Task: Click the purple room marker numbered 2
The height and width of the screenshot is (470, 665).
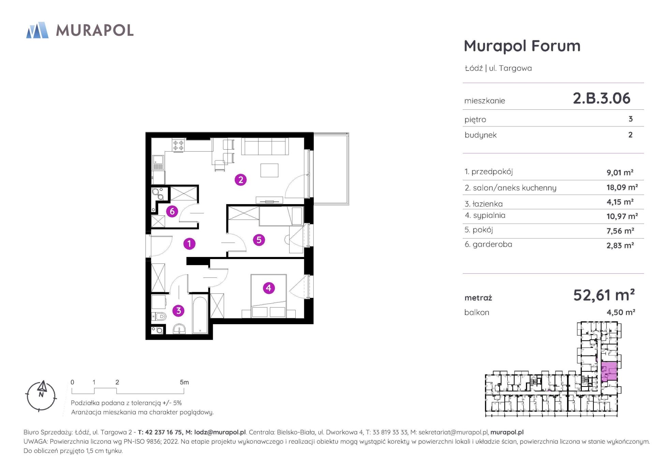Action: pyautogui.click(x=241, y=180)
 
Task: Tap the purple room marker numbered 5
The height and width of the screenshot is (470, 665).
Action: pyautogui.click(x=259, y=240)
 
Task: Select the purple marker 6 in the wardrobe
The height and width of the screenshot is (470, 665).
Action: pyautogui.click(x=172, y=211)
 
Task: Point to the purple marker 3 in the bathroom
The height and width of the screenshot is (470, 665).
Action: pyautogui.click(x=178, y=310)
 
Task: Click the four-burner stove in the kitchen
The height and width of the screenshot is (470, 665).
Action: pyautogui.click(x=178, y=146)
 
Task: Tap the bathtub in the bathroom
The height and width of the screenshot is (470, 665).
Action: pyautogui.click(x=200, y=315)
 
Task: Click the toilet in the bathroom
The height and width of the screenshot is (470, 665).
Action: pyautogui.click(x=159, y=317)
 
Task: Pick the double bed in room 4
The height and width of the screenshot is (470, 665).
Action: pyautogui.click(x=269, y=295)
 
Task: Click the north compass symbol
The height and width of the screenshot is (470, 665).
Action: pyautogui.click(x=41, y=395)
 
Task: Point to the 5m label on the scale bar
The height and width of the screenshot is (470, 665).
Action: pyautogui.click(x=184, y=382)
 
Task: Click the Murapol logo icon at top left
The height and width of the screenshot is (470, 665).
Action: pyautogui.click(x=37, y=30)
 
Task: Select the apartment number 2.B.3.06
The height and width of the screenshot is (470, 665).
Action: pyautogui.click(x=602, y=98)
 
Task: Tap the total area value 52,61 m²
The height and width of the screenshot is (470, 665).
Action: pyautogui.click(x=604, y=295)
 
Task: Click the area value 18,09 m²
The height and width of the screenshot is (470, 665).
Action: pyautogui.click(x=622, y=187)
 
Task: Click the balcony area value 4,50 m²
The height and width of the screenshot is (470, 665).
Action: pyautogui.click(x=621, y=312)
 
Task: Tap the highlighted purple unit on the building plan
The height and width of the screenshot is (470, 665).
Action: pyautogui.click(x=608, y=372)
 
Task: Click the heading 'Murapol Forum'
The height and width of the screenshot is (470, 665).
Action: pyautogui.click(x=522, y=46)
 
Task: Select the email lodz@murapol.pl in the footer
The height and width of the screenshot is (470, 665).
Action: pyautogui.click(x=220, y=432)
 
